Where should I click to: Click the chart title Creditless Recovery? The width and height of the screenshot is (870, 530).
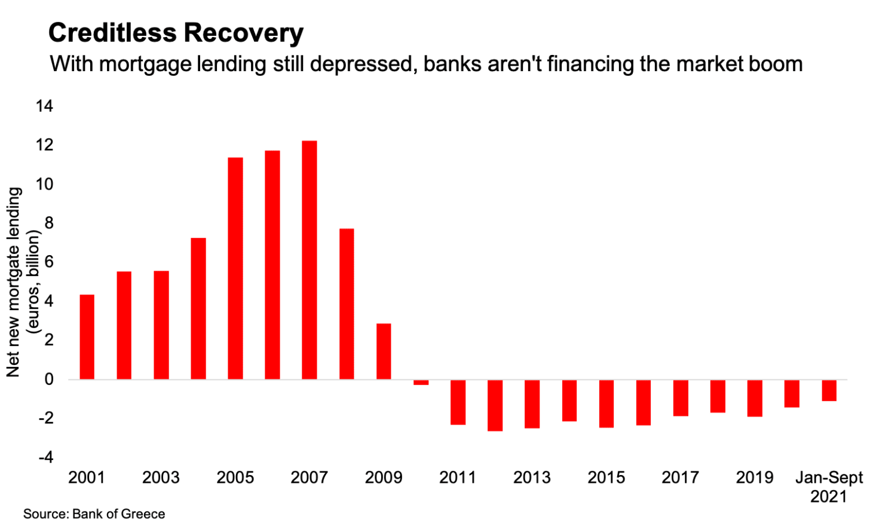(x=176, y=33)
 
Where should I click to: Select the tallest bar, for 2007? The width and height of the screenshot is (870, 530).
(x=310, y=260)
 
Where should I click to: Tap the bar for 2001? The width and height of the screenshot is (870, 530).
(x=87, y=337)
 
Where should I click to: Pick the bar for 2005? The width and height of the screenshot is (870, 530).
(x=235, y=268)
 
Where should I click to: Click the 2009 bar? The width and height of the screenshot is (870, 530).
(x=384, y=351)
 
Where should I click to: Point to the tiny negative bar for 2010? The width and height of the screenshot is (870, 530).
(x=421, y=382)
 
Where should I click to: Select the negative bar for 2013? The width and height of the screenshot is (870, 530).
(x=532, y=404)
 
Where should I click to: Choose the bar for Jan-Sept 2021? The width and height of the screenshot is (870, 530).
(x=829, y=390)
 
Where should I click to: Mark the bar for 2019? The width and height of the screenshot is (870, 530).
(x=755, y=398)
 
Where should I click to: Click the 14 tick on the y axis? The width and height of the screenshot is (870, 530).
(x=44, y=106)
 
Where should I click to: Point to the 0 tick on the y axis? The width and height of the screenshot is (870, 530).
(x=48, y=379)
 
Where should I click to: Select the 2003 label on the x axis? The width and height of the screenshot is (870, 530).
(x=161, y=478)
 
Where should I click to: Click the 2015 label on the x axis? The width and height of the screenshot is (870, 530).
(x=606, y=478)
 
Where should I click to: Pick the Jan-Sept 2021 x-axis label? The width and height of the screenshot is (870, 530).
(x=829, y=487)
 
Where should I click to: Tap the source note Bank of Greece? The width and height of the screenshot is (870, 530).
(x=94, y=514)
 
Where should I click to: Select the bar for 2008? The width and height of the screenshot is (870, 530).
(x=347, y=304)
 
